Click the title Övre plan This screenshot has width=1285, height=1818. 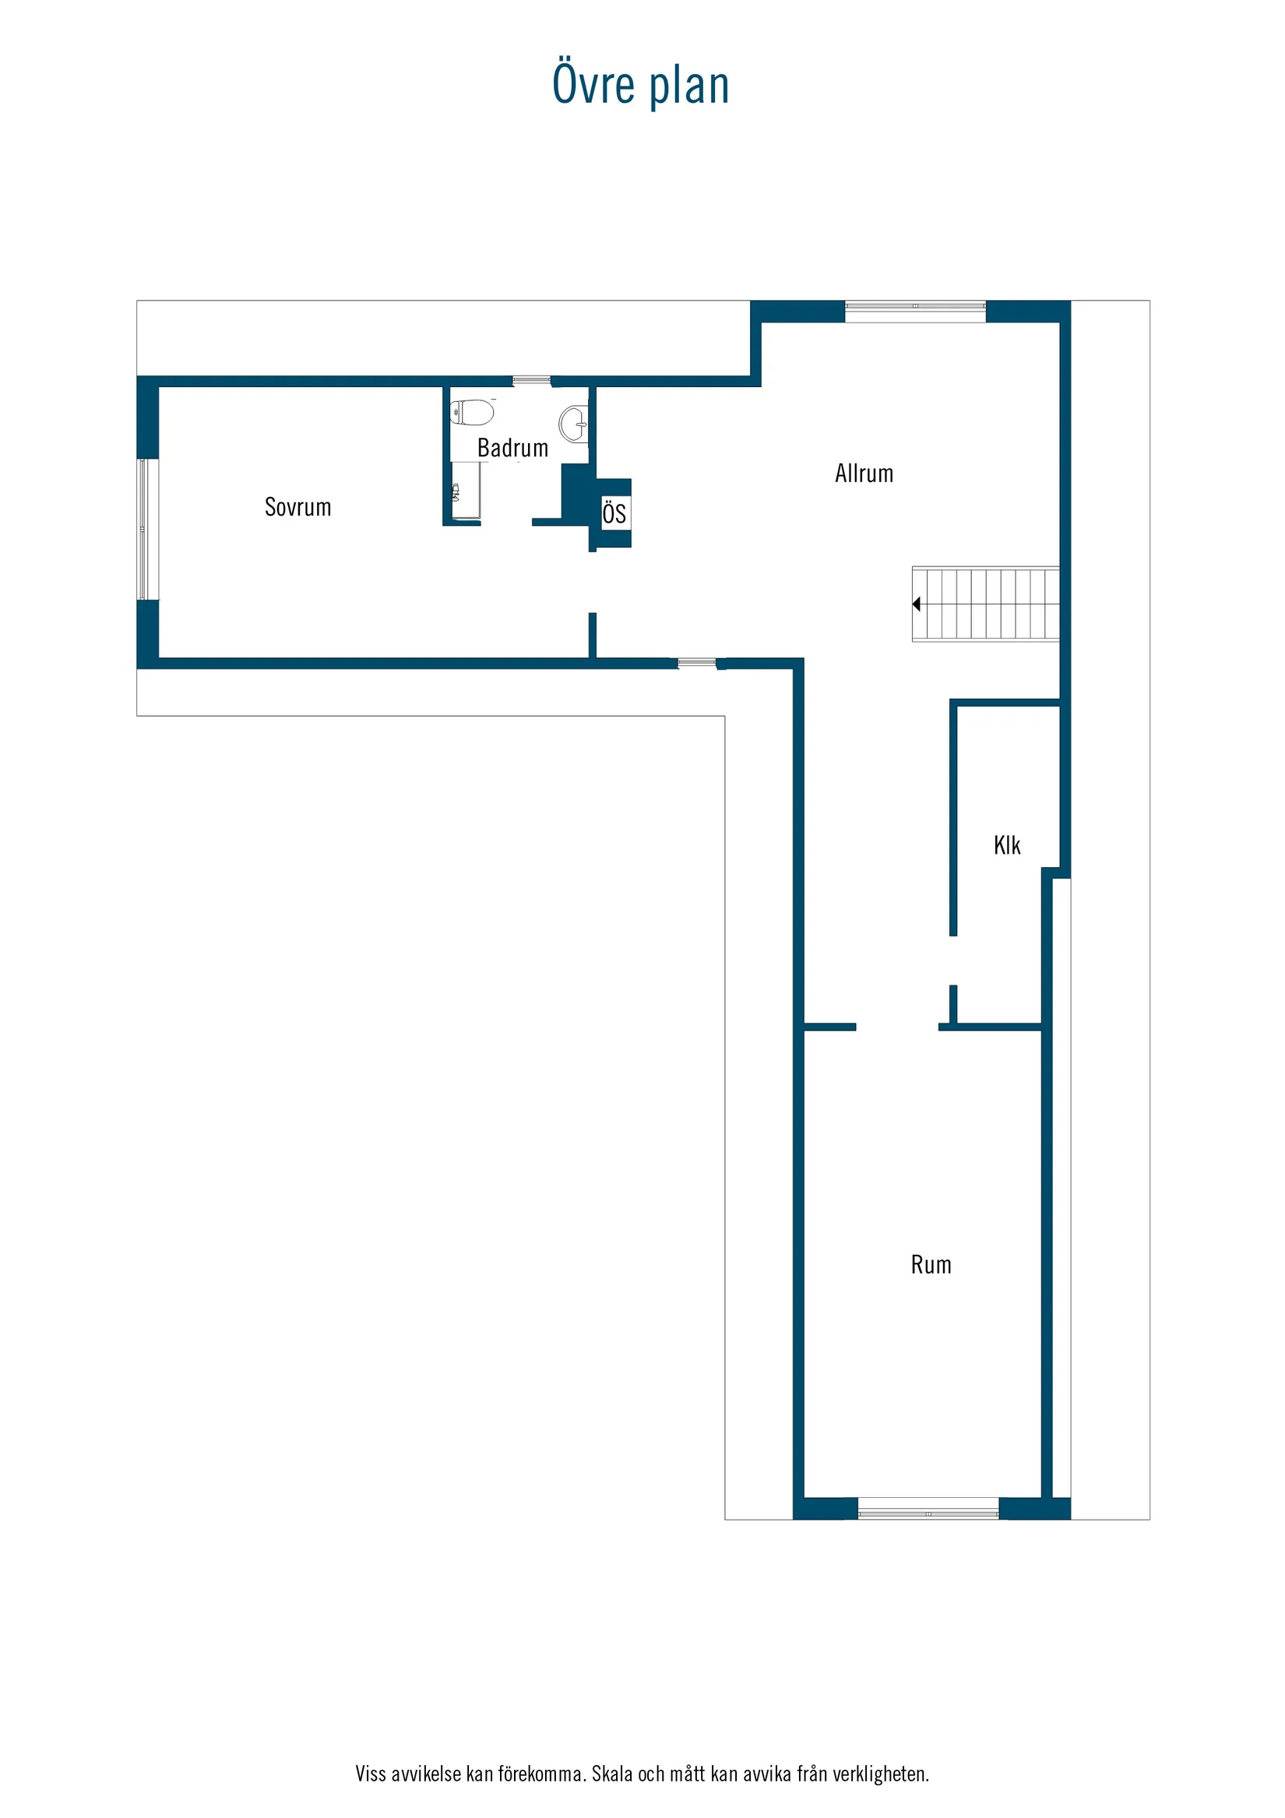640,85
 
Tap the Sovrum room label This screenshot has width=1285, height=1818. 297,507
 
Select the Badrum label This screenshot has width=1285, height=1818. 512,448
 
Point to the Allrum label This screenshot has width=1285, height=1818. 864,474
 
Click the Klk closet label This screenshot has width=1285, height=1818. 1006,846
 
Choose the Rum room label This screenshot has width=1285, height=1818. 931,1264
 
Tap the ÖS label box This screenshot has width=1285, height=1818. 614,513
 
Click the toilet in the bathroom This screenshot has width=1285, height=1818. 472,412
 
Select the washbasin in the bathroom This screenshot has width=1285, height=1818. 574,424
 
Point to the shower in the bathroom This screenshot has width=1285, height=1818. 466,491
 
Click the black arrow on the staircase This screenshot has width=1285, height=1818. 916,604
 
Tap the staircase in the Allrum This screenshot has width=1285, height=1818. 986,604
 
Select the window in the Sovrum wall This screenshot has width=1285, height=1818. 143,529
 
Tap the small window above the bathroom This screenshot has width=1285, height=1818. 531,381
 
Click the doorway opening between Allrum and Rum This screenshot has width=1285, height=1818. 897,1027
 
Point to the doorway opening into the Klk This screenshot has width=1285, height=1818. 953,960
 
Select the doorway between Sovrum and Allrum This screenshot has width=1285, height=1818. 592,582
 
